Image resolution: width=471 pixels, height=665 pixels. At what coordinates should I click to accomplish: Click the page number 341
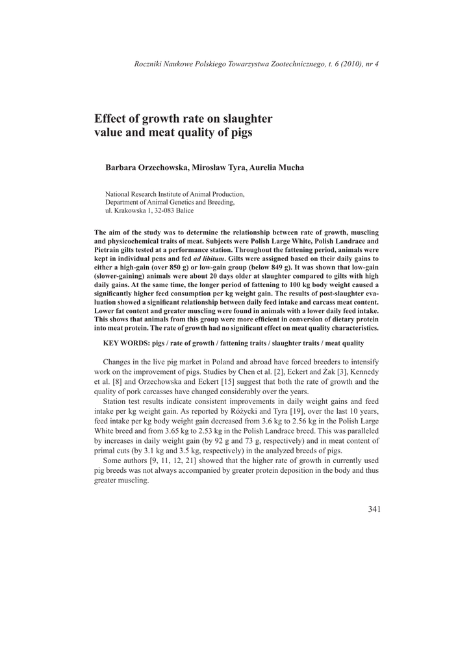(x=374, y=508)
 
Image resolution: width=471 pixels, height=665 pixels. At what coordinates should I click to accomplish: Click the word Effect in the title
(x=112, y=119)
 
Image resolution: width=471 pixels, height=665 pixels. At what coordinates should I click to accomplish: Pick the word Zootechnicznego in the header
(x=286, y=64)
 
